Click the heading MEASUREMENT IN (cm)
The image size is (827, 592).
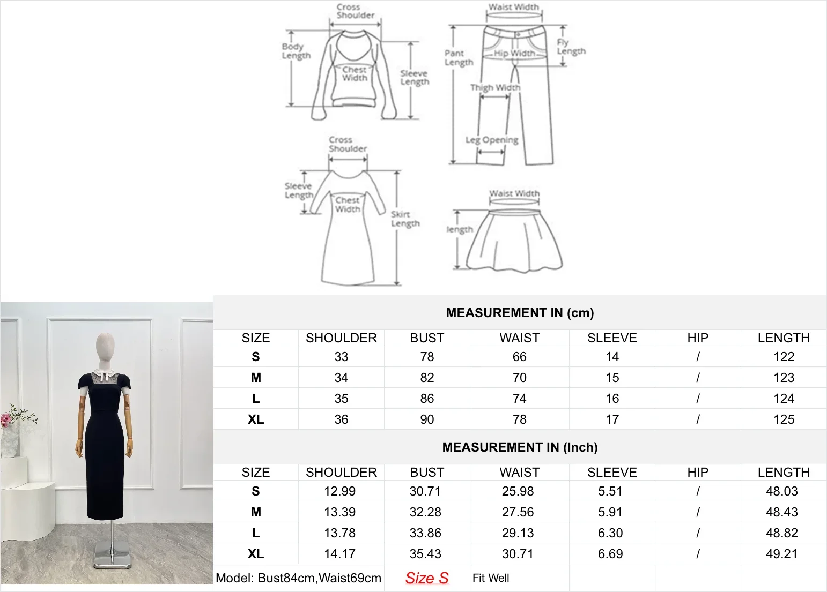(520, 313)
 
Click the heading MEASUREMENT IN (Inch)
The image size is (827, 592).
(520, 447)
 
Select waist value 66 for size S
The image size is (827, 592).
(519, 357)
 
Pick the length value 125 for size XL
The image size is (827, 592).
(784, 419)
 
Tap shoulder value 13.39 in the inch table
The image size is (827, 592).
(339, 512)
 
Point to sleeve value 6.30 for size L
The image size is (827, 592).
(610, 533)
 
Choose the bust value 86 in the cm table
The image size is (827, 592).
(427, 399)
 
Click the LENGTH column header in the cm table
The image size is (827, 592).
(784, 338)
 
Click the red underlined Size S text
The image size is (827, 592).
(427, 578)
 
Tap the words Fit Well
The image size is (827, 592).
(491, 578)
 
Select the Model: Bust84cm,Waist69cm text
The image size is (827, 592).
(298, 578)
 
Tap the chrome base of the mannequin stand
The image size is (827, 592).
(112, 557)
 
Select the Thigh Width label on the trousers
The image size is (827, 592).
(495, 87)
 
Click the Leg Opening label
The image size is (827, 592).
(492, 140)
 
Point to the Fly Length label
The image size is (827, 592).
(571, 47)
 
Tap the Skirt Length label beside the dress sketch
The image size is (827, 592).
(405, 219)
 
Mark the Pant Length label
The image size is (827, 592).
(459, 57)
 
